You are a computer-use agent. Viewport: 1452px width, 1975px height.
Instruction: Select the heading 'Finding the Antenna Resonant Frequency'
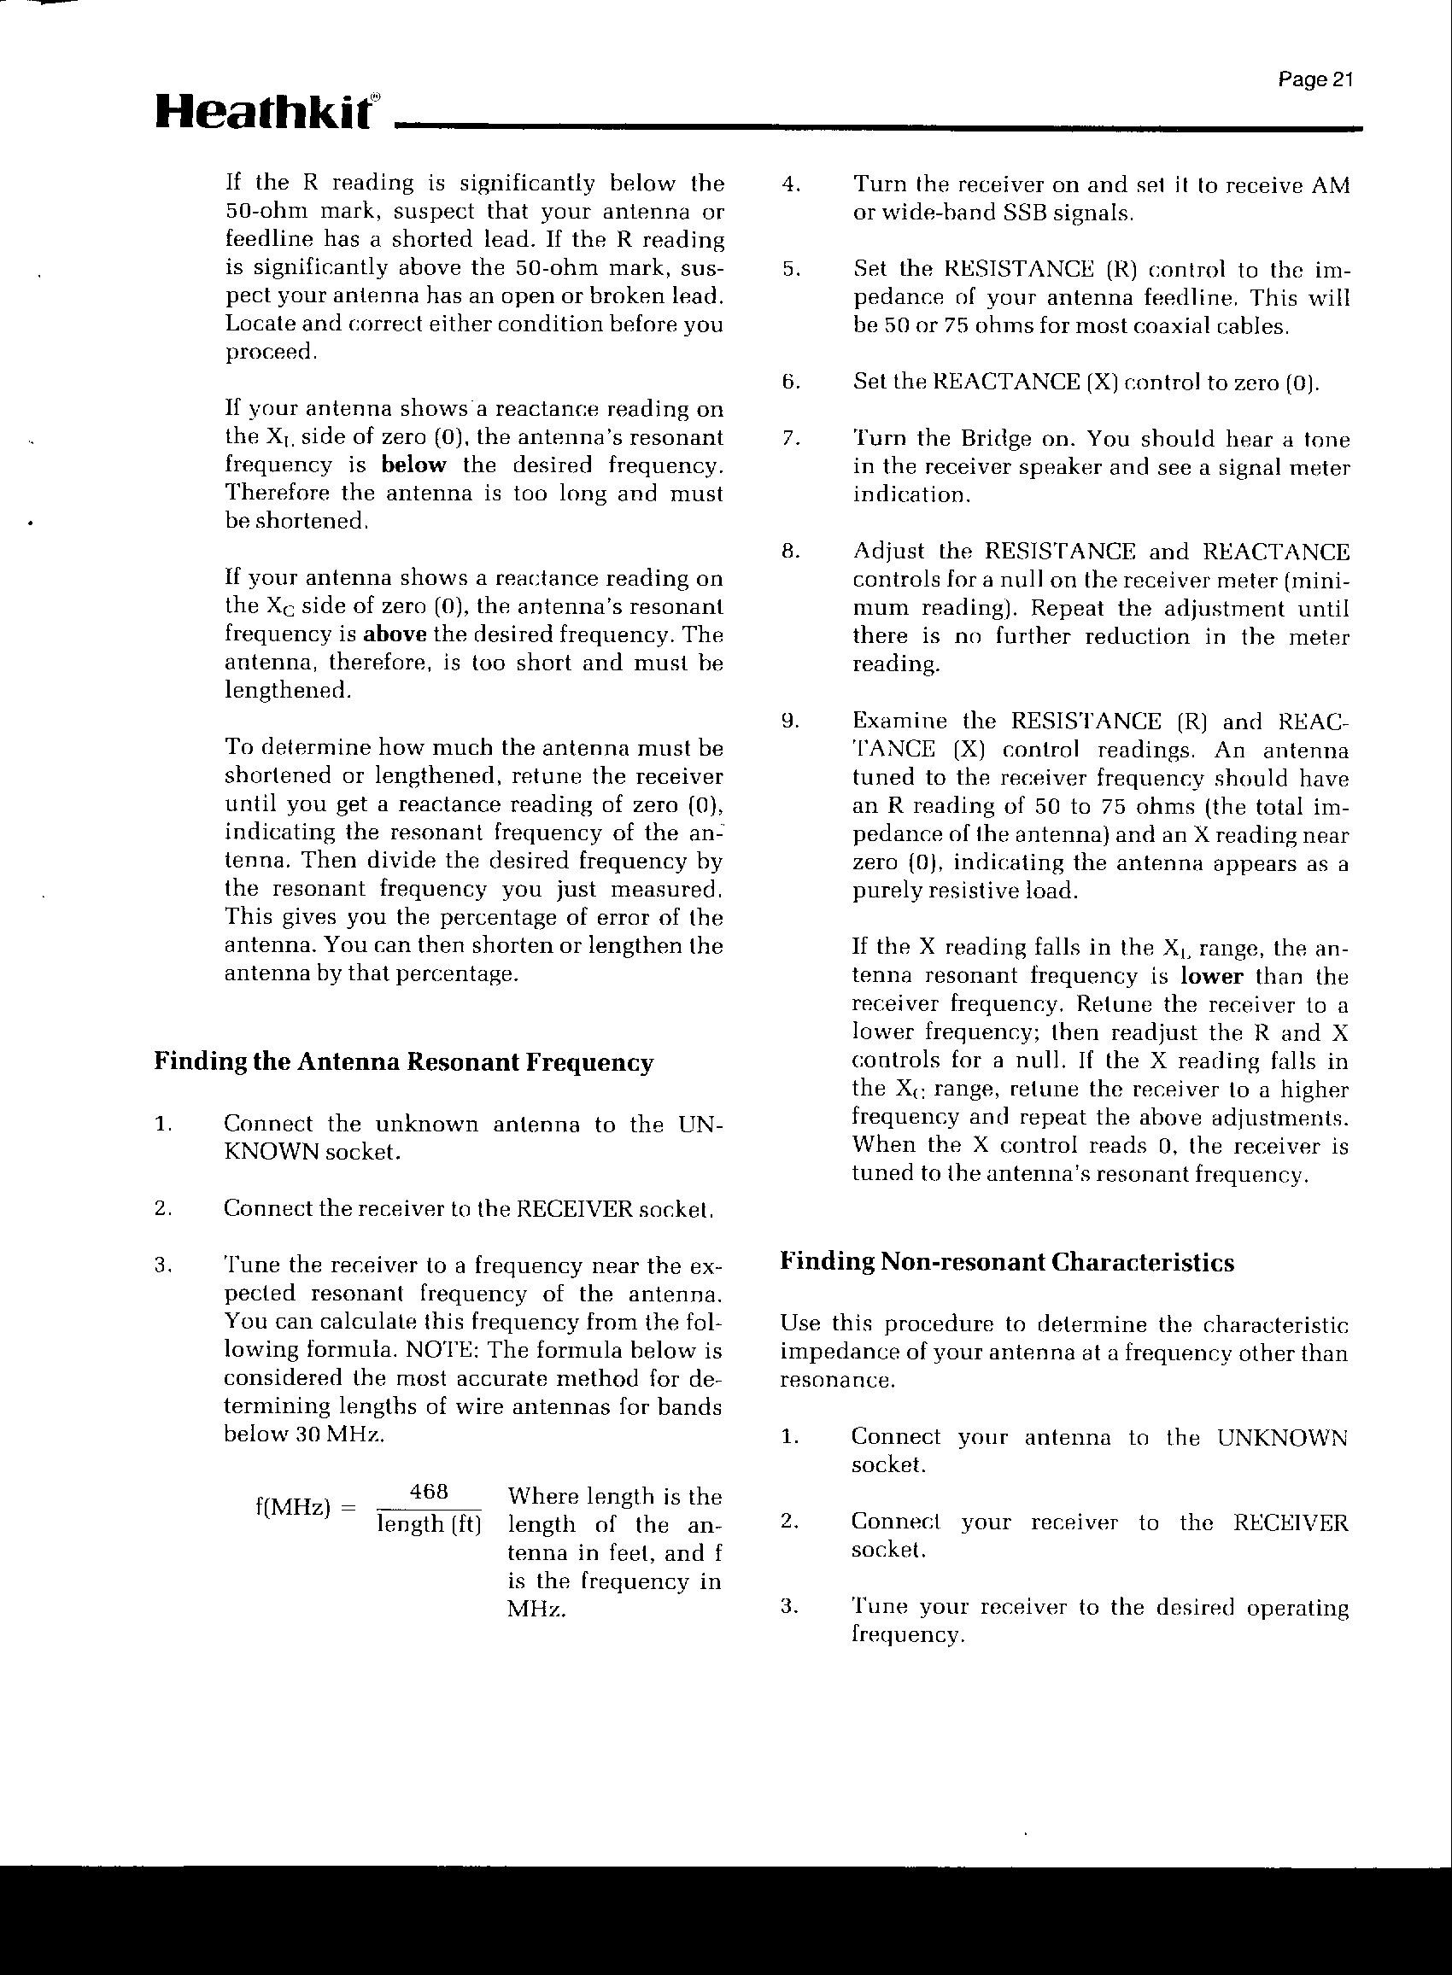(x=403, y=1062)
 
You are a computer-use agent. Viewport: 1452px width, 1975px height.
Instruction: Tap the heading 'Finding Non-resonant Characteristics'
(x=1006, y=1263)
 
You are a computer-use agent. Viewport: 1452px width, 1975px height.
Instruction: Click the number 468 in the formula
(x=430, y=1493)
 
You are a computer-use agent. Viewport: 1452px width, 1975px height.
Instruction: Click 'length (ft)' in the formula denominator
(x=430, y=1523)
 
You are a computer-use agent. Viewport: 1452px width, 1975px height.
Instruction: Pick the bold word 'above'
(x=395, y=634)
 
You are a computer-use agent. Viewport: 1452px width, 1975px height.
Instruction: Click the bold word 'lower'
(x=1211, y=977)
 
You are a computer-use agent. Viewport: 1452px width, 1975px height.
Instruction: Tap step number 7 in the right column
(x=788, y=439)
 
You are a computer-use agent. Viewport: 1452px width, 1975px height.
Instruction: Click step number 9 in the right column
(x=789, y=722)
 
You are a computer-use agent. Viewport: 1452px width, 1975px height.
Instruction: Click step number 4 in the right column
(x=789, y=185)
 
